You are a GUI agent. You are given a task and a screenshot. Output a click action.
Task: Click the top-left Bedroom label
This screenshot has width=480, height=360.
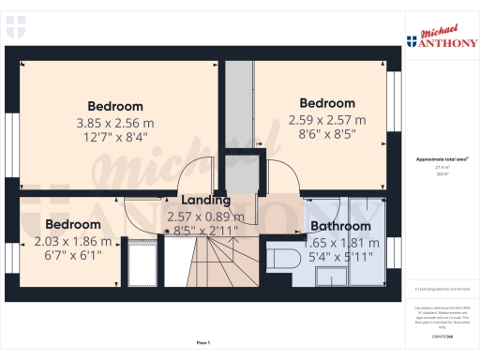click(115, 106)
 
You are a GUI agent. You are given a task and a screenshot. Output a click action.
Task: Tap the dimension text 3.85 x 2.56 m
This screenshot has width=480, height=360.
click(115, 122)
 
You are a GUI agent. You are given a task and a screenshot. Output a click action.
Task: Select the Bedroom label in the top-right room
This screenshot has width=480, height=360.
click(326, 103)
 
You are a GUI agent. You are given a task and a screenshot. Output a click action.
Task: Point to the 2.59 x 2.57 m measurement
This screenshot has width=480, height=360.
click(326, 119)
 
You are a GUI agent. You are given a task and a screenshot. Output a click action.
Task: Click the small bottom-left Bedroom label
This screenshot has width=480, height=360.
click(73, 225)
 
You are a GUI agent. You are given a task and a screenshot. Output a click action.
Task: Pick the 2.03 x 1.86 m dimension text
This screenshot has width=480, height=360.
click(73, 241)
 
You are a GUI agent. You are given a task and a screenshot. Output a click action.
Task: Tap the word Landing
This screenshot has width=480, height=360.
click(205, 201)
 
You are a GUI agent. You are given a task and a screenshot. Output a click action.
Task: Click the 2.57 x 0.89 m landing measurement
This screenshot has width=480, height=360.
click(205, 217)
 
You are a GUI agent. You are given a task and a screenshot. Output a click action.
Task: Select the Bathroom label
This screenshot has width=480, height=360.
click(340, 227)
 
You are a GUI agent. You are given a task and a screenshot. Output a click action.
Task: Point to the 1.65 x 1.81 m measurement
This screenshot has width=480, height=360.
click(340, 241)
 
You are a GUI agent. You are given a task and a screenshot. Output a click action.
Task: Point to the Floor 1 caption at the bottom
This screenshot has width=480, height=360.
click(203, 343)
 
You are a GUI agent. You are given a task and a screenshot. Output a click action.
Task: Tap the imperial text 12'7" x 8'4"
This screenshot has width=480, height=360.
click(115, 137)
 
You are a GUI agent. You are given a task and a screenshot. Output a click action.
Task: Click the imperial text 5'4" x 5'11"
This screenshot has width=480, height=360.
click(340, 256)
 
